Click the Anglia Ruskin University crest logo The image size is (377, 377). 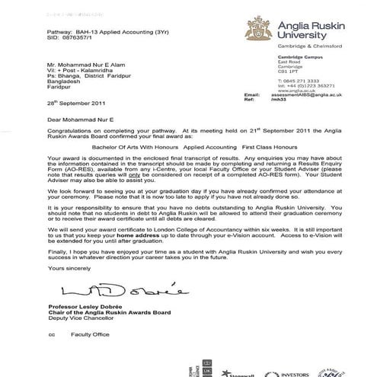pyautogui.click(x=255, y=30)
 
